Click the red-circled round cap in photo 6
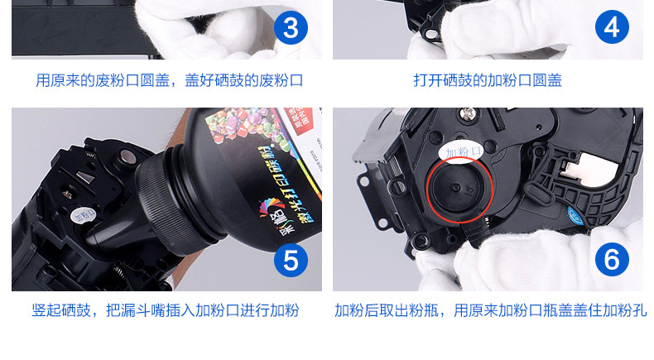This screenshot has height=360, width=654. [x=459, y=189]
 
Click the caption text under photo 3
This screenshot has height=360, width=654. [x=169, y=80]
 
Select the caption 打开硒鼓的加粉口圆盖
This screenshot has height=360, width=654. [x=488, y=80]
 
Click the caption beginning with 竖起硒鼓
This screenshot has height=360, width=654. [x=166, y=311]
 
